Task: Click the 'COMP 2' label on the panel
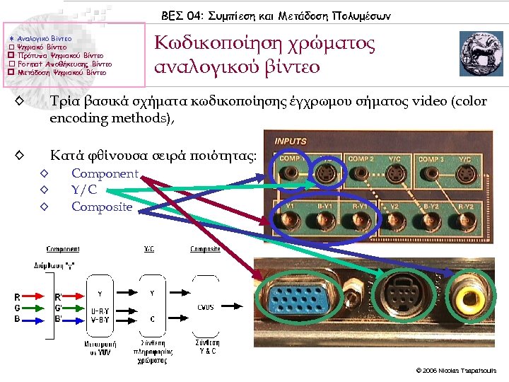pyautogui.click(x=361, y=159)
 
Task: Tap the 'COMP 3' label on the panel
pyautogui.click(x=431, y=159)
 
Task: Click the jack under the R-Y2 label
pyautogui.click(x=466, y=226)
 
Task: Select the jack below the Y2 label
pyautogui.click(x=397, y=226)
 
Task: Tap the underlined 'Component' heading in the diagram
pyautogui.click(x=63, y=249)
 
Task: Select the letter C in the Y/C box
pyautogui.click(x=153, y=318)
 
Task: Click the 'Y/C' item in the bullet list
pyautogui.click(x=84, y=190)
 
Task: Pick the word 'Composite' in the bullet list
pyautogui.click(x=102, y=207)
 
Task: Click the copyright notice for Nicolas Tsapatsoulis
pyautogui.click(x=457, y=371)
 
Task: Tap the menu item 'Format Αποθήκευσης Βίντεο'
pyautogui.click(x=64, y=63)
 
